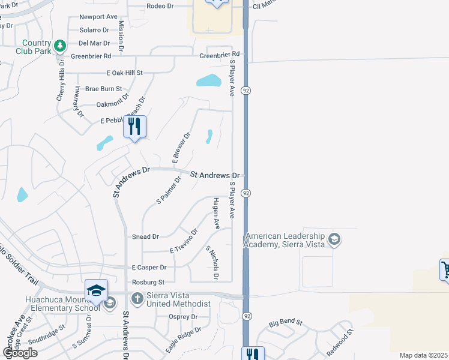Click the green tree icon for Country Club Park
(59, 46)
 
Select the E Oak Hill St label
(125, 73)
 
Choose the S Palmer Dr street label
(169, 191)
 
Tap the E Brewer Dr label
(181, 148)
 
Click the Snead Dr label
(145, 237)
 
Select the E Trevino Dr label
(184, 241)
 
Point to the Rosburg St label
(147, 282)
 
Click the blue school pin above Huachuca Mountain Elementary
(96, 290)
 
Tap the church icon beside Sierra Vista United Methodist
(137, 297)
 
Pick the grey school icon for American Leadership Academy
(334, 240)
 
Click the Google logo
(20, 353)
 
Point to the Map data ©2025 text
(424, 355)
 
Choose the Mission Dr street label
(121, 35)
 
